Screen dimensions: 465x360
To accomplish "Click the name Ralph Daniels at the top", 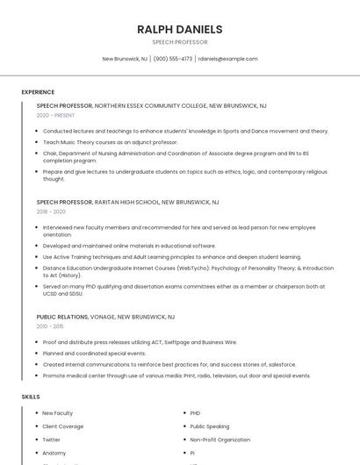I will click(x=179, y=29).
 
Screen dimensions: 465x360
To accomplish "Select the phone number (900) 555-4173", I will click(x=173, y=59).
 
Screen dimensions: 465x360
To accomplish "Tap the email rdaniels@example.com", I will click(x=227, y=59).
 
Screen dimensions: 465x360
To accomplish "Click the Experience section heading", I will click(x=38, y=92).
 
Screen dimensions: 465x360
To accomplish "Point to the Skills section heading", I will click(x=31, y=397).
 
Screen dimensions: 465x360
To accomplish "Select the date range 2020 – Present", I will click(x=55, y=115).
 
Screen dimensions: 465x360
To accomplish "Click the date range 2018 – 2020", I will click(x=51, y=211).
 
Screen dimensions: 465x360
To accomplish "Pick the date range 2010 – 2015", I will click(x=51, y=326).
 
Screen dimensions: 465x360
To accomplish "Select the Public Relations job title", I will click(x=62, y=317).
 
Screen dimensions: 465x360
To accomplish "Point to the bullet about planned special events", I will click(x=94, y=353).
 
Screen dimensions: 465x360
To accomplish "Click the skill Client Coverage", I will click(x=63, y=426).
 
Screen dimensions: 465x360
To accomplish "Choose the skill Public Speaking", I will click(x=210, y=426).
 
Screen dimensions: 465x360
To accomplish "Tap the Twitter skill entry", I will click(x=52, y=440).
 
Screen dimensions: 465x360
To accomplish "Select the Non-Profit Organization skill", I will click(x=220, y=440).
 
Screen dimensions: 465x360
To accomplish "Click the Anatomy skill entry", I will click(x=54, y=453).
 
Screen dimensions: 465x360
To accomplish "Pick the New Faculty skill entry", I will click(x=58, y=413).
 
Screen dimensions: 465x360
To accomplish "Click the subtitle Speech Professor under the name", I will click(x=179, y=42).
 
